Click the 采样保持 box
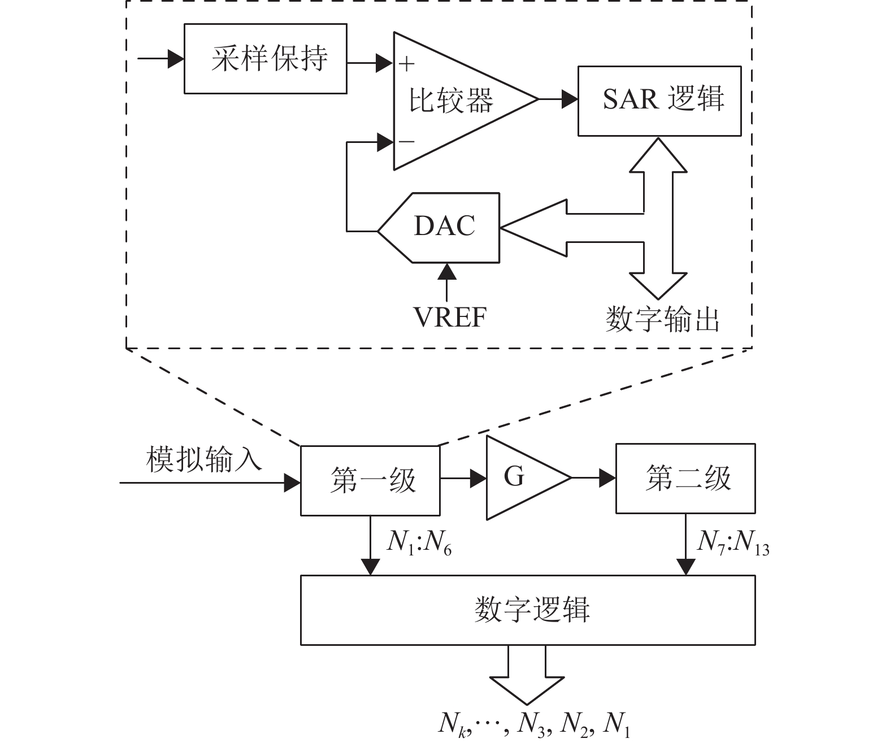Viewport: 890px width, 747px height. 265,59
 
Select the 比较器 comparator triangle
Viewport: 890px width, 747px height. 452,101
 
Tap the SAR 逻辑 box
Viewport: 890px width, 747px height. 659,101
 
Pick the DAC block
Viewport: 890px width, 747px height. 443,228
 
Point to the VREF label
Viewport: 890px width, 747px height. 450,317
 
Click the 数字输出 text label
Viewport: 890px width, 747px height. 662,319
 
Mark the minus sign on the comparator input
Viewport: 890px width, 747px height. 406,141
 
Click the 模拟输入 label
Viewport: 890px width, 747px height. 204,459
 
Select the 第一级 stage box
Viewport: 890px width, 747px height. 370,481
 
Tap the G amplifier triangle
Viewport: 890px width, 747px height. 520,477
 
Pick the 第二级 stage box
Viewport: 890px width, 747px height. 685,479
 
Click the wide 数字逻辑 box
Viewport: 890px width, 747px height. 528,610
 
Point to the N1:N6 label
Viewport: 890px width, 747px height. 419,543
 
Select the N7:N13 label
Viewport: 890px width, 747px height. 733,543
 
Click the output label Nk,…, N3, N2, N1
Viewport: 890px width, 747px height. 534,724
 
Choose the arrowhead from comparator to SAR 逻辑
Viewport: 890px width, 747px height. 570,100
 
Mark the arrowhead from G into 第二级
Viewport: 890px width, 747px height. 607,478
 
